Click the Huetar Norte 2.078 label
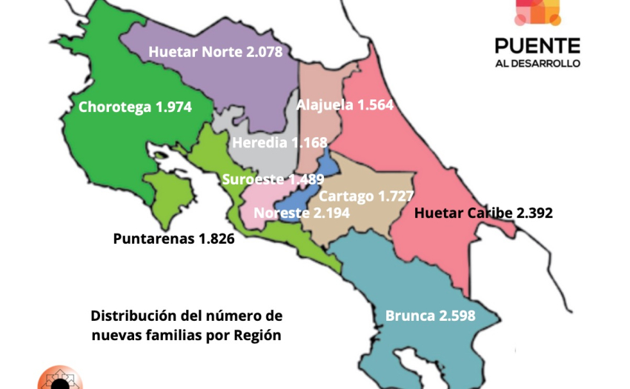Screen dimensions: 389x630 point(216,52)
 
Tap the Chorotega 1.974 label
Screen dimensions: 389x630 point(135,107)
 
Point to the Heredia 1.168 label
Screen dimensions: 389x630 point(279,142)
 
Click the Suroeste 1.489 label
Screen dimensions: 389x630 point(273,179)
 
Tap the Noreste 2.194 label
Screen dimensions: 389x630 point(302,213)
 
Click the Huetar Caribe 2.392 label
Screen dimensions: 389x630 point(483,213)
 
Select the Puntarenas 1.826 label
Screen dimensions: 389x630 point(173,239)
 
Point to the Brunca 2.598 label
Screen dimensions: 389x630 point(430,316)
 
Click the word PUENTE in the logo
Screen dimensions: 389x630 point(537,44)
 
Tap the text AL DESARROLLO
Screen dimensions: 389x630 point(537,63)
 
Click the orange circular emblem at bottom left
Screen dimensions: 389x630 point(59,379)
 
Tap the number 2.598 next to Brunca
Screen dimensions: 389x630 point(454,316)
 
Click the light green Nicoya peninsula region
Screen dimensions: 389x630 point(170,196)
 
